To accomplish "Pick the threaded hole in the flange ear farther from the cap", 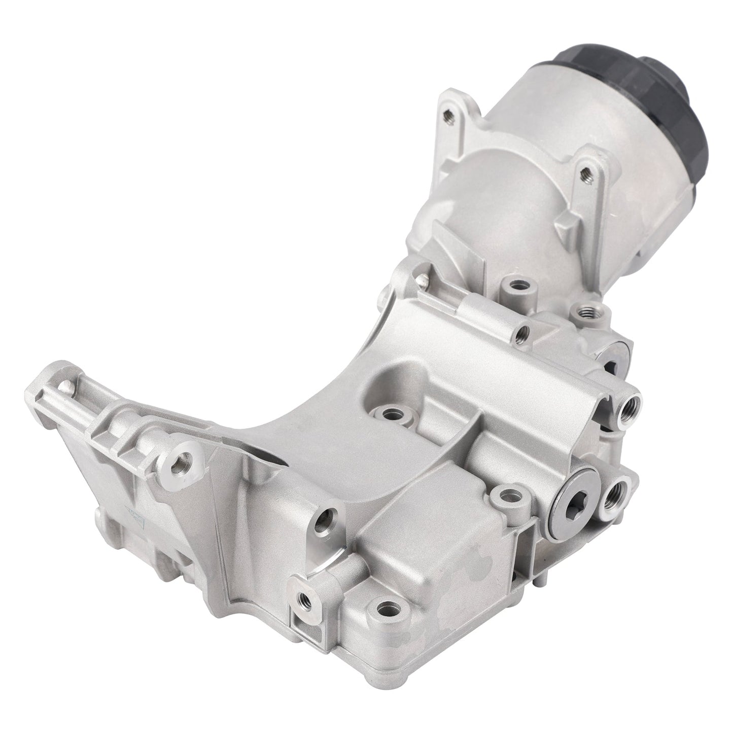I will pos(447,114).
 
